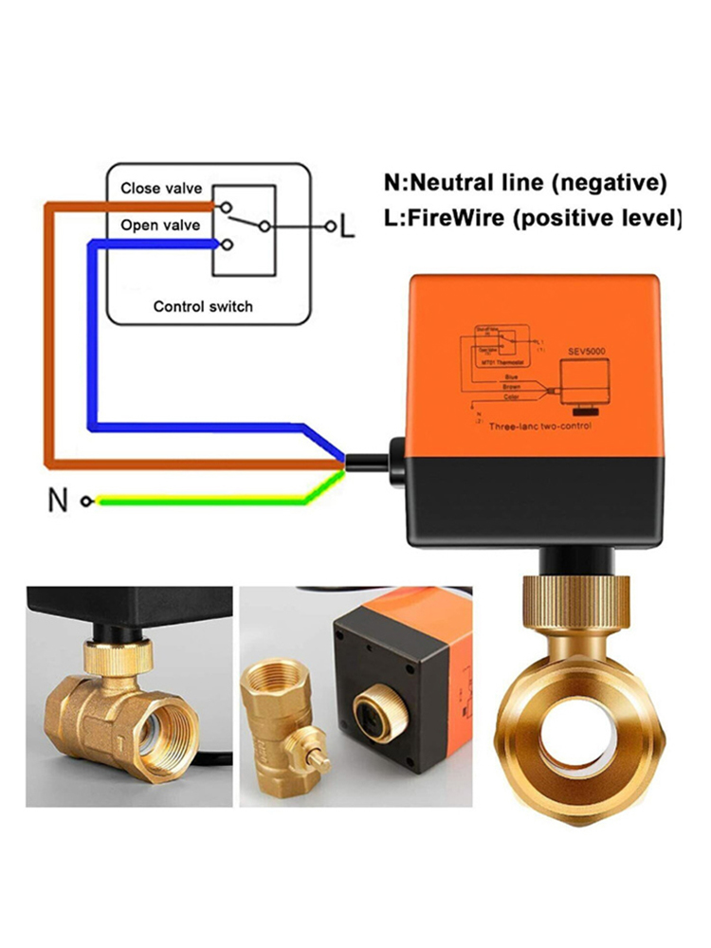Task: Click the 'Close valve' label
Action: click(160, 188)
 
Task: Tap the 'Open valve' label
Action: click(159, 226)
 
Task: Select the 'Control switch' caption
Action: click(203, 306)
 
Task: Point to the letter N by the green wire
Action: click(60, 500)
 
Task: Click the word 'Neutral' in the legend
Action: click(452, 182)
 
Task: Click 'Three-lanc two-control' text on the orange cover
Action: click(540, 428)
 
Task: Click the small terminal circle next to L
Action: click(330, 227)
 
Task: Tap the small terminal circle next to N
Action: click(87, 501)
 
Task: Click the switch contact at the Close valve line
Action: click(225, 207)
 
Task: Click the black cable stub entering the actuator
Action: click(370, 463)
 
